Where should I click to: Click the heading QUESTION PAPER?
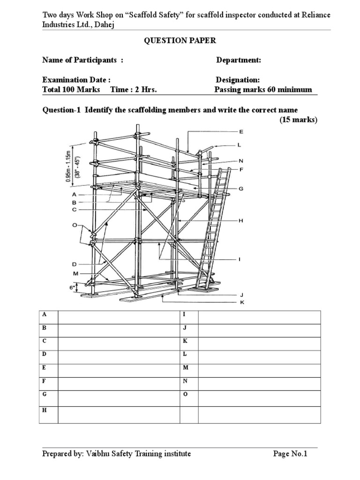point(180,41)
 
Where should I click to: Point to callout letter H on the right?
point(241,220)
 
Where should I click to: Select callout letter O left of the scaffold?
point(74,225)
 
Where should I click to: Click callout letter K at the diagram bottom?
point(242,302)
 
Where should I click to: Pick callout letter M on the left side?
point(75,273)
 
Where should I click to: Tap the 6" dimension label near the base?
point(73,288)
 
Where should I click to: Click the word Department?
point(238,60)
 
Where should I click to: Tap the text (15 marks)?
point(299,120)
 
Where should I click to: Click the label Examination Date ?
point(76,80)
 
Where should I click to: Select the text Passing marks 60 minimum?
point(263,90)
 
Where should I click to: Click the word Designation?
point(238,80)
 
